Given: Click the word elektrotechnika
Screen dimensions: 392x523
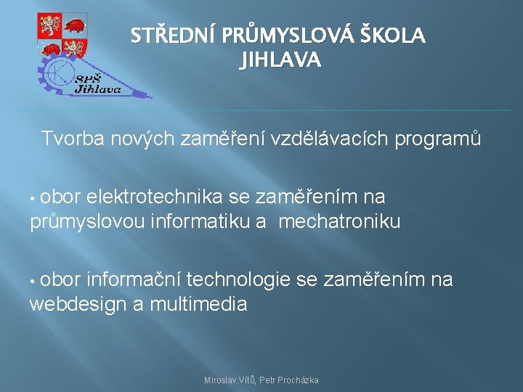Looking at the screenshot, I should (x=155, y=197).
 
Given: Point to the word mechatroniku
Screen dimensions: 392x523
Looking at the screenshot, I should (x=339, y=221).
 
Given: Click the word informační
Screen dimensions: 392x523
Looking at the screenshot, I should (x=137, y=279).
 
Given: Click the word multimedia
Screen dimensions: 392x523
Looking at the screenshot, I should (x=198, y=304).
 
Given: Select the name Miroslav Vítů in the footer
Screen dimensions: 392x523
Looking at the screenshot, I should (x=229, y=380).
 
